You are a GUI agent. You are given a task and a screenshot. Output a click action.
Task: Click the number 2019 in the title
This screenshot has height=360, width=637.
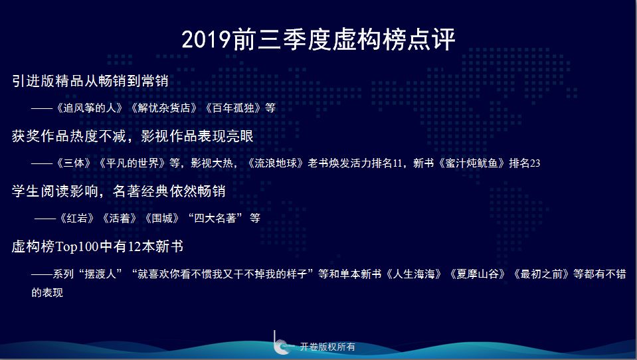point(207,40)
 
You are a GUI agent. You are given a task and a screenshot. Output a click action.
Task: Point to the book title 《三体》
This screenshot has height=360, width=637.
point(74,163)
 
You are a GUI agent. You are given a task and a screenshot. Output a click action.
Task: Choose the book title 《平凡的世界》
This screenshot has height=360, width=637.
point(132,163)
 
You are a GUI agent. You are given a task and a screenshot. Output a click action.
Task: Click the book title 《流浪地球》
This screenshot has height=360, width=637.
point(276,163)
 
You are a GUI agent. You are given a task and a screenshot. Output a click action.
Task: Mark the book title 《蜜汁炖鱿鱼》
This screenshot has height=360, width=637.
point(471,163)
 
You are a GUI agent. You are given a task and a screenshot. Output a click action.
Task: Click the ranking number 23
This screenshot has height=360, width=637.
point(535,163)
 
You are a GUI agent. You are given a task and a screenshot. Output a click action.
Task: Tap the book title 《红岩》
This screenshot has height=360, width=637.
point(77,219)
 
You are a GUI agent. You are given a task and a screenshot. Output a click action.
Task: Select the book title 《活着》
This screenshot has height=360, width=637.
point(120,219)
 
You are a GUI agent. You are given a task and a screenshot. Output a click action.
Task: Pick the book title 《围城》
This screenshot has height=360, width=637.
point(162,219)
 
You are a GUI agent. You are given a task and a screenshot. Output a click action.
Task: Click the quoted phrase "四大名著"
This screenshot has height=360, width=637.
point(215,219)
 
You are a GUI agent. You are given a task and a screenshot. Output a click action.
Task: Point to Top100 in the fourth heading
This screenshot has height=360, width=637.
point(77,246)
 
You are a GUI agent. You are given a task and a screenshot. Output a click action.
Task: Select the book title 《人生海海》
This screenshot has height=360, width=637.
point(414,274)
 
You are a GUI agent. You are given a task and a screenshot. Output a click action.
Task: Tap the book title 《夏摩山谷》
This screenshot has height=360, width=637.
point(478,274)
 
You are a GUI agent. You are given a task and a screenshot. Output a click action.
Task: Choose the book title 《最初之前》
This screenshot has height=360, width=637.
point(541,274)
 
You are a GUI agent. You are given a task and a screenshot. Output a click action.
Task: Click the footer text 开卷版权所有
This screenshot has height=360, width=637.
point(327,347)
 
